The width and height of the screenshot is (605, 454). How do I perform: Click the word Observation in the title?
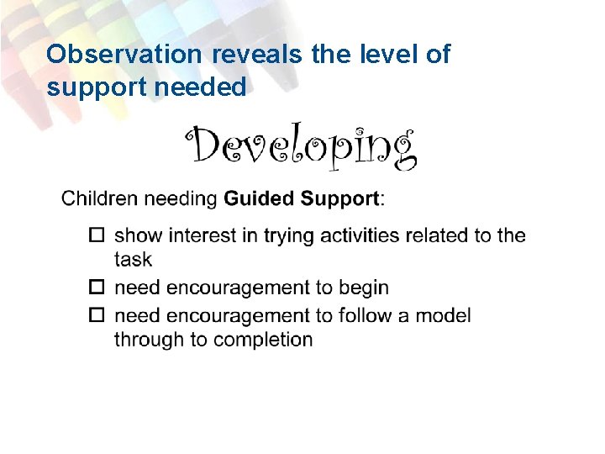pyautogui.click(x=124, y=55)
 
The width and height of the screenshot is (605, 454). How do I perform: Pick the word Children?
pyautogui.click(x=97, y=199)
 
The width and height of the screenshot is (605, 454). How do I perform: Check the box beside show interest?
pyautogui.click(x=96, y=235)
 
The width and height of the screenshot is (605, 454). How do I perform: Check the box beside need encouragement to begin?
pyautogui.click(x=96, y=288)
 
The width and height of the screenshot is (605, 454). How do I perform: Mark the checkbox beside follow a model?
pyautogui.click(x=96, y=315)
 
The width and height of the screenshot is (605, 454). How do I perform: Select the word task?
pyautogui.click(x=133, y=260)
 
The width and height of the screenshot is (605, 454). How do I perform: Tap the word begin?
pyautogui.click(x=364, y=288)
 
